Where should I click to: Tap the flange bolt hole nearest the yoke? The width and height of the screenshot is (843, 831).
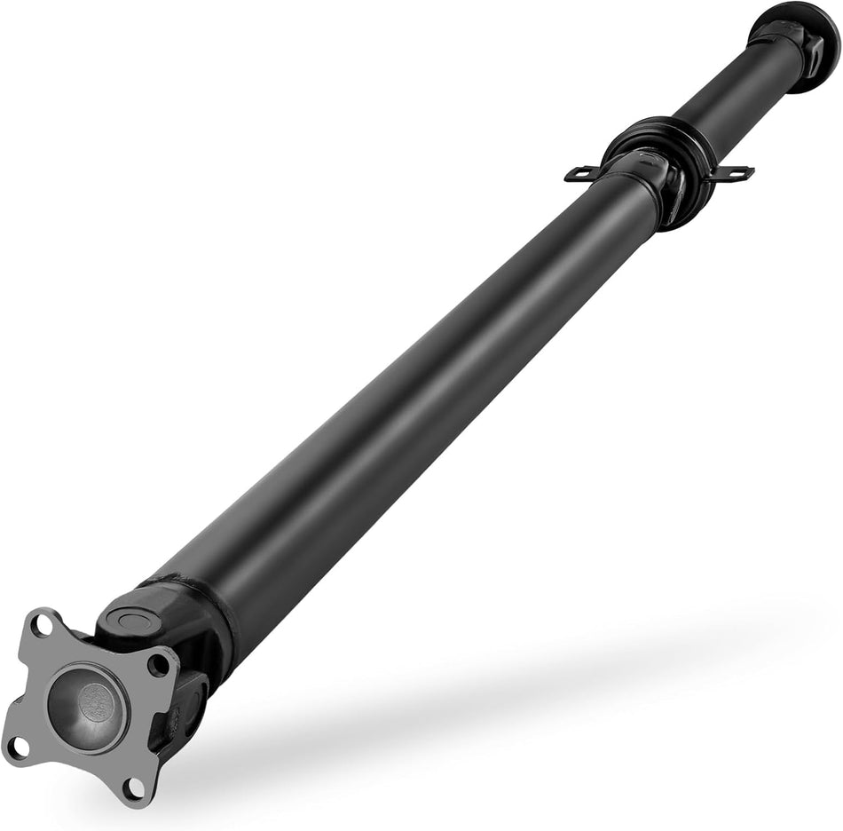(x=160, y=661)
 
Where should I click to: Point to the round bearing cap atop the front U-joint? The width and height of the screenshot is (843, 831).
(x=133, y=618)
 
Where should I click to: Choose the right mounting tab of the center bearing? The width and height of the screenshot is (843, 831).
(x=732, y=172)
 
